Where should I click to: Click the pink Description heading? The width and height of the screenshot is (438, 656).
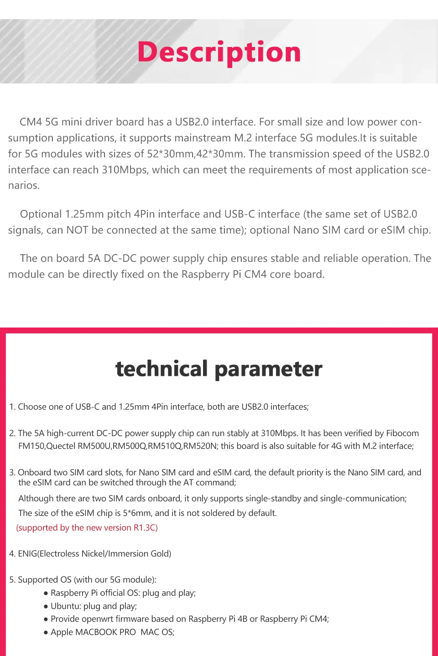point(219,52)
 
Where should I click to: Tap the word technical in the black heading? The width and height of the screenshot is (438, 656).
point(162,369)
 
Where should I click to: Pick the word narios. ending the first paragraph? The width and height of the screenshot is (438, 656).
point(24,186)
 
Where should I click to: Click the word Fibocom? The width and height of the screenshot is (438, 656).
point(402,433)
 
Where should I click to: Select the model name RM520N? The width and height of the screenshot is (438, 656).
point(200,446)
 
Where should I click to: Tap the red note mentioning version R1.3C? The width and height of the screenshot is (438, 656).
point(87,528)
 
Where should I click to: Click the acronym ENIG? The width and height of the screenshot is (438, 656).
point(27,554)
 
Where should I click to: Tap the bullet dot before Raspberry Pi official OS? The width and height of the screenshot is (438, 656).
point(46,594)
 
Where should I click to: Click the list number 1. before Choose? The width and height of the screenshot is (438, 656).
point(12,407)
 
